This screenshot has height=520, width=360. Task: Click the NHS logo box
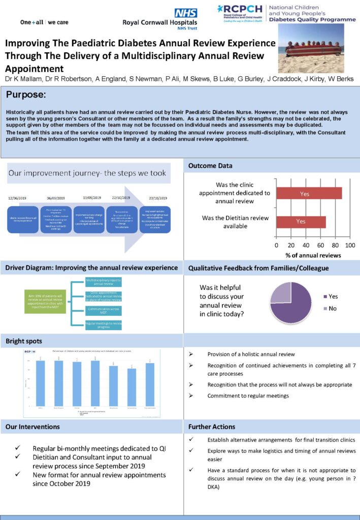(x=186, y=14)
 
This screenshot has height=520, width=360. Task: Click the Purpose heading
(x=26, y=95)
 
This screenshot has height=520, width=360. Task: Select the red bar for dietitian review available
(x=301, y=221)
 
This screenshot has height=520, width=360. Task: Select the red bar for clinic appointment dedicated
(x=309, y=193)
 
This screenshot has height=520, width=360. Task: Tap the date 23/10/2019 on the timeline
(x=156, y=199)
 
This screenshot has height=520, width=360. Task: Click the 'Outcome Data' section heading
(x=211, y=166)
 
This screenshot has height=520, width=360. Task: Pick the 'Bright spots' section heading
(x=24, y=341)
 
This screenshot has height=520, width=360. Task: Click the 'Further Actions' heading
(x=212, y=427)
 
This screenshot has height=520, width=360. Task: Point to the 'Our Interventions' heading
(x=32, y=427)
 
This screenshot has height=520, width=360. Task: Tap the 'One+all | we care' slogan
(x=44, y=22)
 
